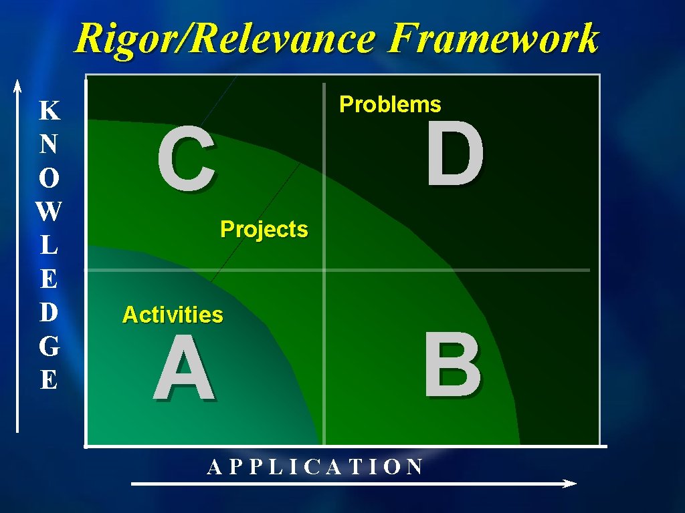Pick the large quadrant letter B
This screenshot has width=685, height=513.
(452, 365)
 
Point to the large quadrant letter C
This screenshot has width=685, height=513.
(187, 161)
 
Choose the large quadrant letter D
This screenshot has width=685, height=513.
(455, 157)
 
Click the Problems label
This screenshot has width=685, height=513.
(391, 104)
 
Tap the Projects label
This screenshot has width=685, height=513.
(264, 229)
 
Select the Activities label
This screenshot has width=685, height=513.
(173, 314)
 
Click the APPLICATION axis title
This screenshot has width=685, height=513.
(315, 466)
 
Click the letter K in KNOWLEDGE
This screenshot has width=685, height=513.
(48, 110)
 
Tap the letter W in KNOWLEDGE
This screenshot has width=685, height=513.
(48, 212)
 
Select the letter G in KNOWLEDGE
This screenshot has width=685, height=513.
(48, 347)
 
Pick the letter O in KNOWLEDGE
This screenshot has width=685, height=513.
(48, 178)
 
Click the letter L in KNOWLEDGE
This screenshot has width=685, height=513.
(48, 246)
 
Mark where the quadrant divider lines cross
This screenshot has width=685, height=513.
(324, 271)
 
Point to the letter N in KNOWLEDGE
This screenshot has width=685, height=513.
(48, 144)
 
